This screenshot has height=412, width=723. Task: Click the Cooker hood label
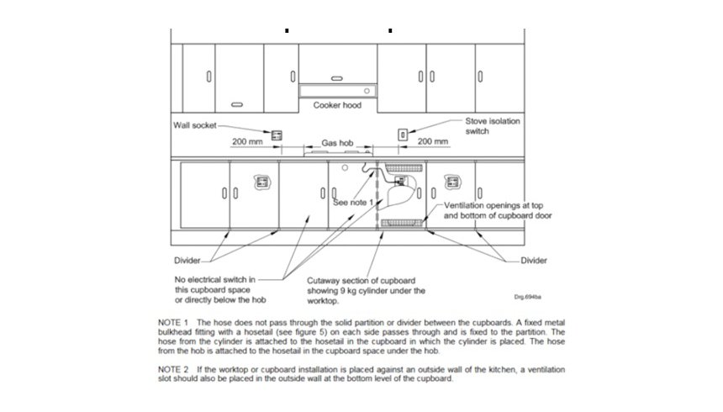coord(337,105)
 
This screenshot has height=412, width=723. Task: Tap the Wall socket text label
coord(194,125)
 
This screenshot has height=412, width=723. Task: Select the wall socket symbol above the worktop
coord(277,135)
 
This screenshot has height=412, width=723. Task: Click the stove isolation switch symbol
coord(403,135)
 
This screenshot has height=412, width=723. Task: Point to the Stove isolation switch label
coord(493,126)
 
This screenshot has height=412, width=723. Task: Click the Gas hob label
coord(337,143)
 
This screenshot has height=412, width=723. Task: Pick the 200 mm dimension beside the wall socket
coord(247,141)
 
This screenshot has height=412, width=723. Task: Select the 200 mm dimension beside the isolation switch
coord(432,141)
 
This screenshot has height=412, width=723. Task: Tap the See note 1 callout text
coord(353,203)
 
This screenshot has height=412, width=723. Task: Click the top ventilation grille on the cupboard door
coord(404,167)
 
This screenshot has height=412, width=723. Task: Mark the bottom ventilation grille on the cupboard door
coord(402,224)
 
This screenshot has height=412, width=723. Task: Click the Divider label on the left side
coord(187,260)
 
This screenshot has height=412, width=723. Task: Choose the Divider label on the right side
coord(534,260)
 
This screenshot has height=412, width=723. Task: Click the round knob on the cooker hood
coord(367,91)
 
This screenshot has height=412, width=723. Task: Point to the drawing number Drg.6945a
coord(527,297)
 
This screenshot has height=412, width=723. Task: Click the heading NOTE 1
coord(173,323)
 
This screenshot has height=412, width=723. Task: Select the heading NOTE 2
coord(173,369)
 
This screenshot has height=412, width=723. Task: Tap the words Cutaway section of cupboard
coord(361,281)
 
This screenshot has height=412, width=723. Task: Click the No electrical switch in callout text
coord(215,280)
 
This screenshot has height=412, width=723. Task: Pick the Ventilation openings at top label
coord(493,205)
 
